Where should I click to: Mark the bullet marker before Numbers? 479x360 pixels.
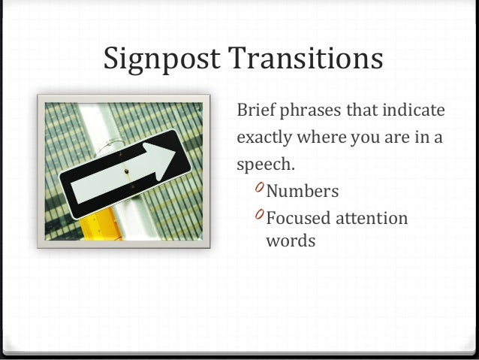coord(258,188)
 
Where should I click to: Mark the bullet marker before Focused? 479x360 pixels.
coord(258,216)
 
